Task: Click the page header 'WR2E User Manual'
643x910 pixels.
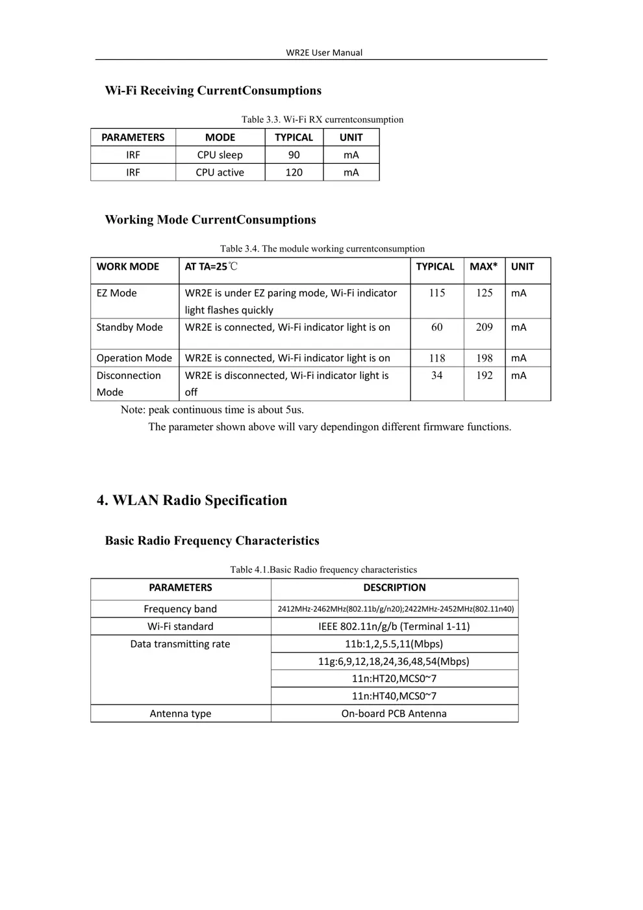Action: pos(324,53)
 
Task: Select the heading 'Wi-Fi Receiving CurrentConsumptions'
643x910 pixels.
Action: pos(213,90)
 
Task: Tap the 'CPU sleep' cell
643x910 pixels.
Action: pos(220,155)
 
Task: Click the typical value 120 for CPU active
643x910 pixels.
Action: pos(294,172)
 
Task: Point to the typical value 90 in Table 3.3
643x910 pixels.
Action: pos(294,155)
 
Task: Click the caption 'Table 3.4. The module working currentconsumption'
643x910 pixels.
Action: pos(322,248)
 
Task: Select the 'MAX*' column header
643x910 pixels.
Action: pos(483,266)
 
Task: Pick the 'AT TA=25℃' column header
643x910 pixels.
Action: pos(211,266)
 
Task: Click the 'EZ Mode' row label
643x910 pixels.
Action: pos(117,293)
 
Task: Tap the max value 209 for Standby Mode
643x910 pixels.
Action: pos(484,327)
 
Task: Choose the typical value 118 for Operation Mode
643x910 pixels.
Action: pos(437,358)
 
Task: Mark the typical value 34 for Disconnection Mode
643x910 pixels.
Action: pos(436,375)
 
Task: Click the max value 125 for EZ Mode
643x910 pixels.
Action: pos(484,293)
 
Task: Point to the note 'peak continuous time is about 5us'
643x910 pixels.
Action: pos(212,409)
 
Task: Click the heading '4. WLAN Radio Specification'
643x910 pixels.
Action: pos(192,500)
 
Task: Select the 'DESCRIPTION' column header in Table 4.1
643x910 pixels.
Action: pos(394,588)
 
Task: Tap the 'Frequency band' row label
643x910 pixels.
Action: pos(180,609)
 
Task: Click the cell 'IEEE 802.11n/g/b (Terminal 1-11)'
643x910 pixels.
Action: pos(394,627)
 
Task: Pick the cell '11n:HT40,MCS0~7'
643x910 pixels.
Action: pos(394,696)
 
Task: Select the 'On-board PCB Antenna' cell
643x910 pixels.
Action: pos(394,714)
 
